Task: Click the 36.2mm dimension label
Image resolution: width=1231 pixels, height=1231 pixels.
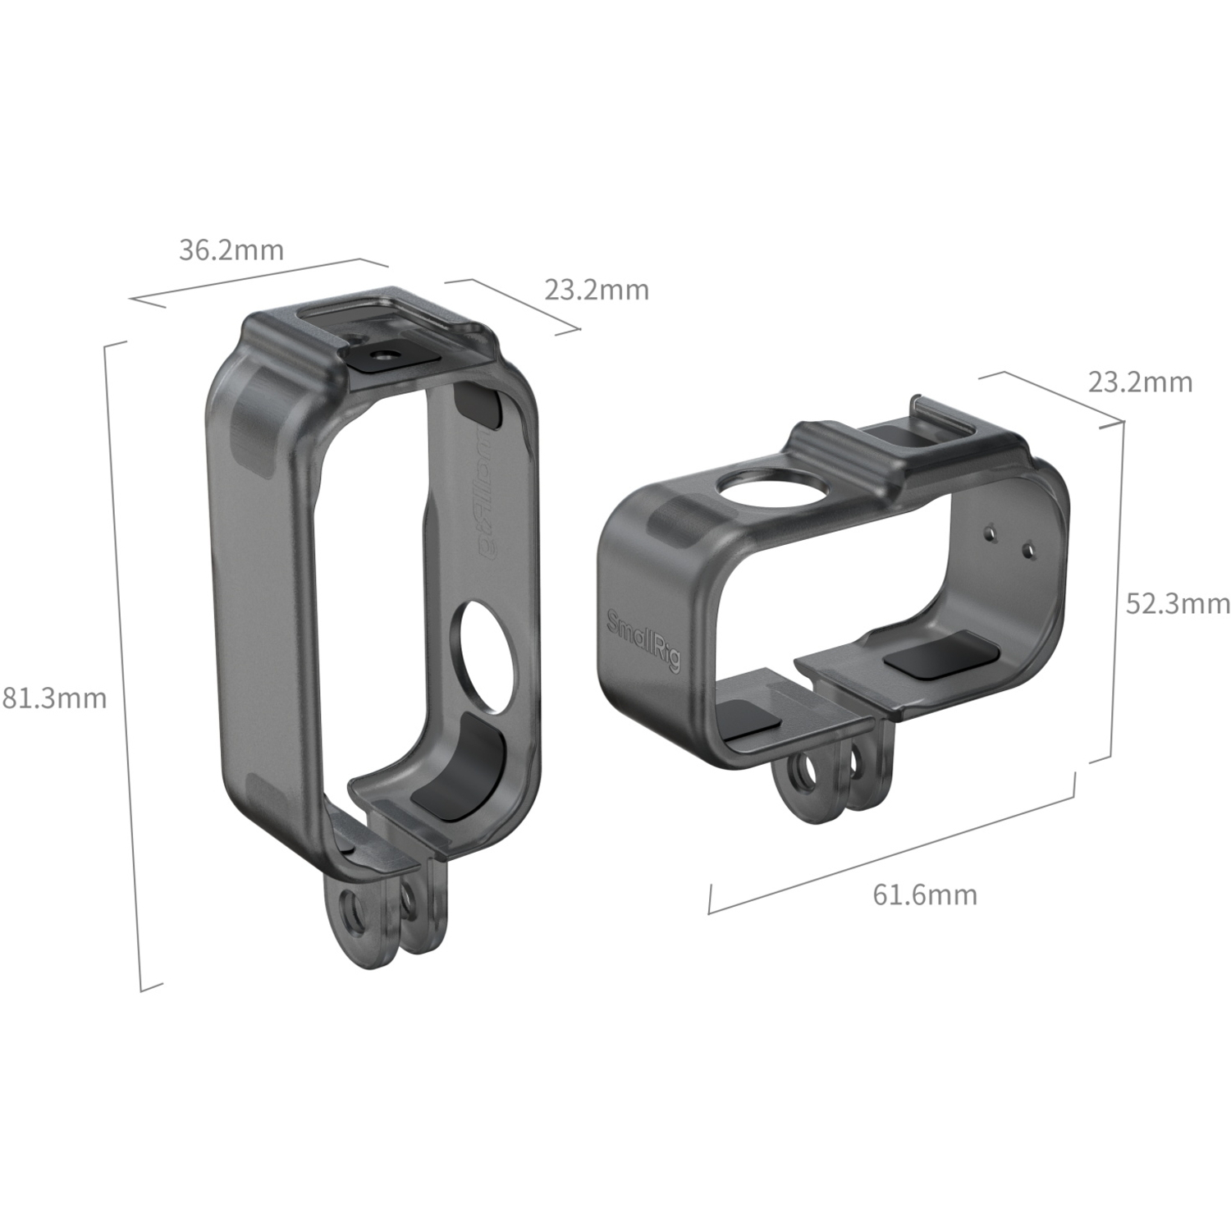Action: (x=231, y=249)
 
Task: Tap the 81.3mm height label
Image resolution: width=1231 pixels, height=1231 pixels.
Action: (x=54, y=698)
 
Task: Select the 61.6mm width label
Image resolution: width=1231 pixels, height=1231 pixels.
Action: (x=925, y=894)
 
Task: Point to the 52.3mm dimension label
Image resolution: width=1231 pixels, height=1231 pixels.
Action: (x=1177, y=604)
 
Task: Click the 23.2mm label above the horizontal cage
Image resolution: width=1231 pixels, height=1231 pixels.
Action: (x=1140, y=382)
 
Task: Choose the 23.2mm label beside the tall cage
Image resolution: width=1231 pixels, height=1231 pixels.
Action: (x=597, y=290)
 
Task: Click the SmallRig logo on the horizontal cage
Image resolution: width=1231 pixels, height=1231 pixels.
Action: (x=643, y=641)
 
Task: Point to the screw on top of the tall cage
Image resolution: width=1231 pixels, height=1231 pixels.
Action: (x=383, y=355)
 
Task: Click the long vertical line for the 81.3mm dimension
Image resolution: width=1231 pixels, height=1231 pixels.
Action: (x=123, y=665)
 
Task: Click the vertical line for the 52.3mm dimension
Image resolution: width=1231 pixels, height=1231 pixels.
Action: (x=1116, y=591)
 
